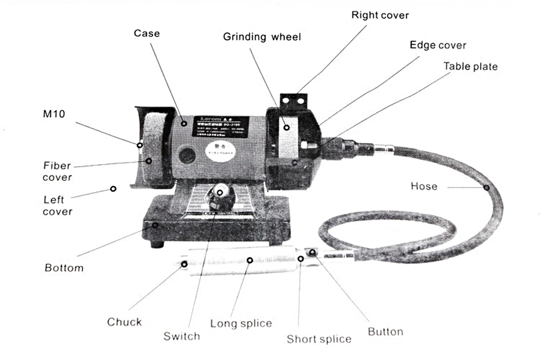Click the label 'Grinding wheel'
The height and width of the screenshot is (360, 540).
pos(262,37)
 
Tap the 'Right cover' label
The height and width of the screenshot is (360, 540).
pos(380,15)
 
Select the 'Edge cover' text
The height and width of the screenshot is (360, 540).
pos(438,45)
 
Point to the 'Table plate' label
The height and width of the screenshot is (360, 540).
pos(470,66)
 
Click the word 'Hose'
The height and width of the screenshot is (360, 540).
pos(424,186)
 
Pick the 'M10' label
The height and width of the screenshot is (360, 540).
pos(53,114)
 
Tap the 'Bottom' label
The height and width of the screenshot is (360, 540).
pos(64,268)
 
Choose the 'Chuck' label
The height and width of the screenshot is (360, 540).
pos(124,322)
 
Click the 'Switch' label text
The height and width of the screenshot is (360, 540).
pos(181,336)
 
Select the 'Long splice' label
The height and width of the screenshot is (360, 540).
pos(241,323)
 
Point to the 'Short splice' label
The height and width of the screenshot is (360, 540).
pos(319,339)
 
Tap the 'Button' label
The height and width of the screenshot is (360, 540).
pos(386,331)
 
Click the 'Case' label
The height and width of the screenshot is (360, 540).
pos(147,33)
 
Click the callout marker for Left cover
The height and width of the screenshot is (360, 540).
pos(113,188)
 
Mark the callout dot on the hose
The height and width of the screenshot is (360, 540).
pos(486,187)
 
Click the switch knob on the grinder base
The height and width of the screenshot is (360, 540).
pos(220,198)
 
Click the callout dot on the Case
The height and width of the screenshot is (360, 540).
pos(185,123)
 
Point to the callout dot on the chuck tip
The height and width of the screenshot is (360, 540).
pos(185,264)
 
